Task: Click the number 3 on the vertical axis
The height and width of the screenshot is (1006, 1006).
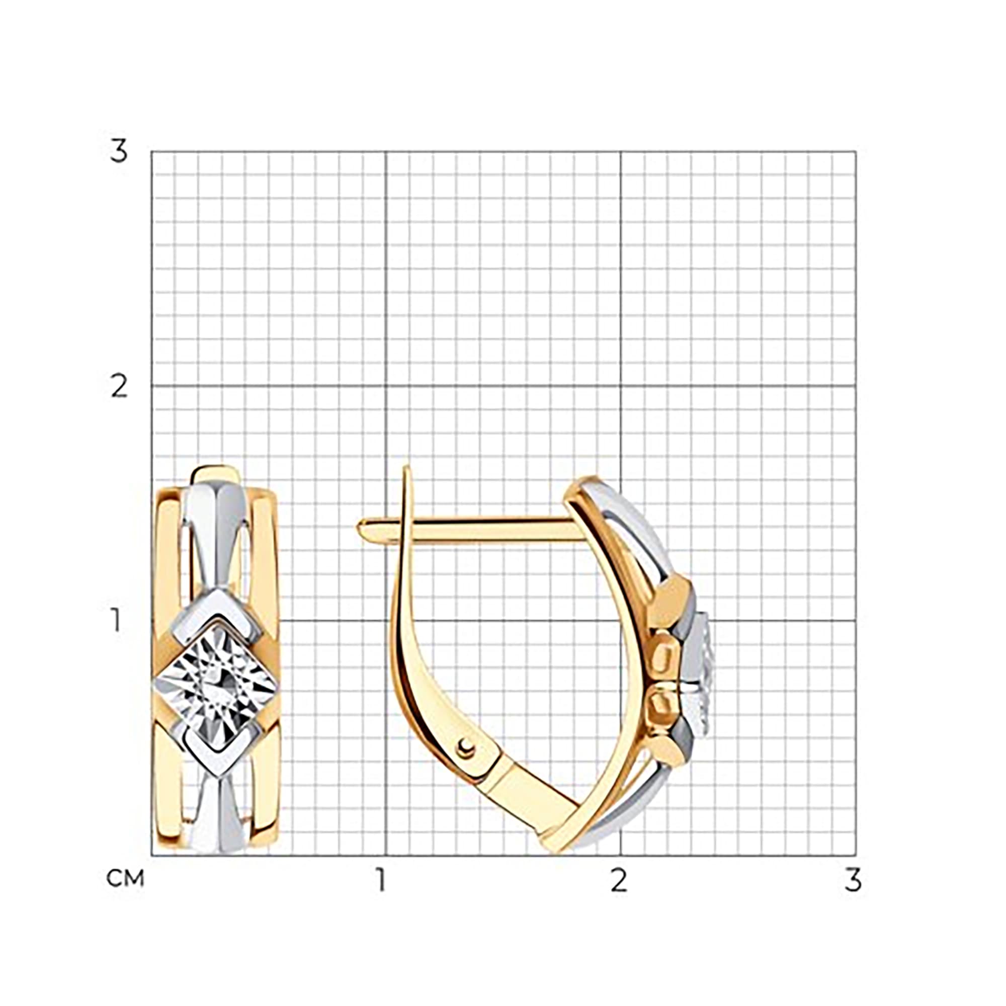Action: (119, 151)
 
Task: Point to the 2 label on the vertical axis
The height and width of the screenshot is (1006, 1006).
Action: (119, 387)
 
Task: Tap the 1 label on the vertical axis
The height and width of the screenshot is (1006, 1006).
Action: (117, 621)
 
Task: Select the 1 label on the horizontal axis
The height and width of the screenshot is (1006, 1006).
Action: (382, 880)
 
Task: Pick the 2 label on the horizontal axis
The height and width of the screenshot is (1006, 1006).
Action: (618, 880)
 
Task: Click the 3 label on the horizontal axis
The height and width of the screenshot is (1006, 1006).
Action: (853, 880)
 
